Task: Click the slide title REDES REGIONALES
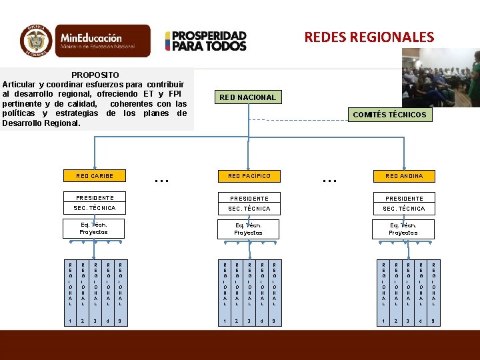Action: tap(369, 37)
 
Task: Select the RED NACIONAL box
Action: tap(247, 97)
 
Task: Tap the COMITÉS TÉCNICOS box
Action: tap(389, 115)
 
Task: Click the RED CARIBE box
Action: tap(95, 176)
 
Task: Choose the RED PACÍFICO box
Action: tap(249, 176)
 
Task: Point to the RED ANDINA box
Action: tap(404, 176)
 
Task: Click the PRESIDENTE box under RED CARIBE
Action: tap(95, 198)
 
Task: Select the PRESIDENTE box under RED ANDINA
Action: tap(404, 198)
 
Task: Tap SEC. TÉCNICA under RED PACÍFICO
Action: tap(249, 209)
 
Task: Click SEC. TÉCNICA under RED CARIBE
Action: tap(95, 209)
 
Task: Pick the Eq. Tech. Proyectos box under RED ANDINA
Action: tap(403, 229)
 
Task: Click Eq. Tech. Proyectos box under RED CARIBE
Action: tap(93, 229)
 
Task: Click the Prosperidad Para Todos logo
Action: tap(206, 41)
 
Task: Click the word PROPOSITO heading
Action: tap(95, 75)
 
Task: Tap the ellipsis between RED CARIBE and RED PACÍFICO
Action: tap(161, 178)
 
